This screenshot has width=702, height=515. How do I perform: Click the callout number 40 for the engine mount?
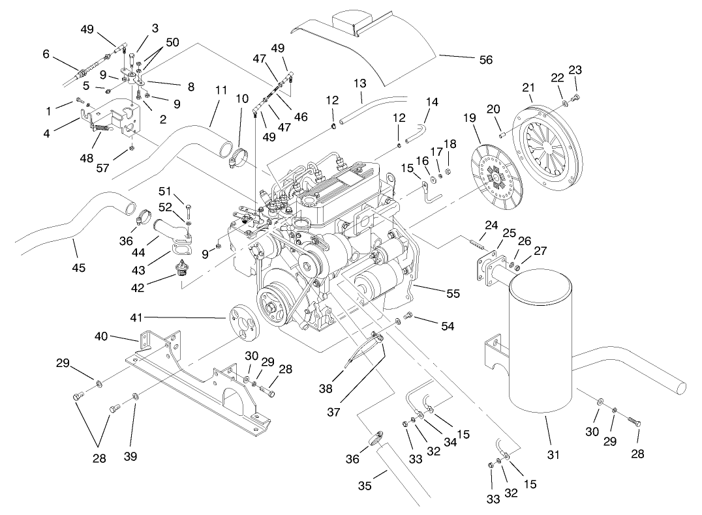point(101,337)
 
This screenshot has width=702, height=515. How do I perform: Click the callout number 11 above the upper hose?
point(221,90)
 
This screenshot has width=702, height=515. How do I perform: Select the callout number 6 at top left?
point(46,55)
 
